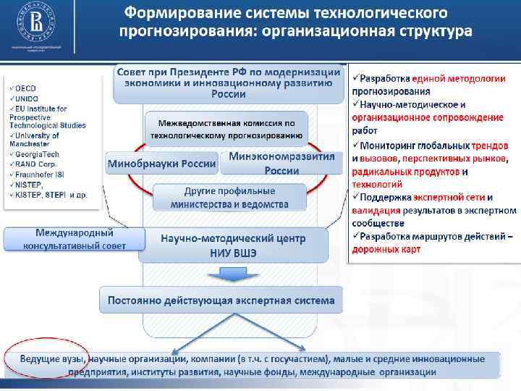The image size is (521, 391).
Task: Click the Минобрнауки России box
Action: click(x=161, y=164)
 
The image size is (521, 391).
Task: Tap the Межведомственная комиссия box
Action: click(x=226, y=129)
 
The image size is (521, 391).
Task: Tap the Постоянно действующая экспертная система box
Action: click(x=221, y=300)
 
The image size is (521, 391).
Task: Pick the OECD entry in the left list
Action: click(x=29, y=88)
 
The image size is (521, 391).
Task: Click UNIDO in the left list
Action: click(x=30, y=98)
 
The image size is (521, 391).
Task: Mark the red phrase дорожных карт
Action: click(x=386, y=250)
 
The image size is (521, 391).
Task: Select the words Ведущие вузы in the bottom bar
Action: click(x=51, y=359)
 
